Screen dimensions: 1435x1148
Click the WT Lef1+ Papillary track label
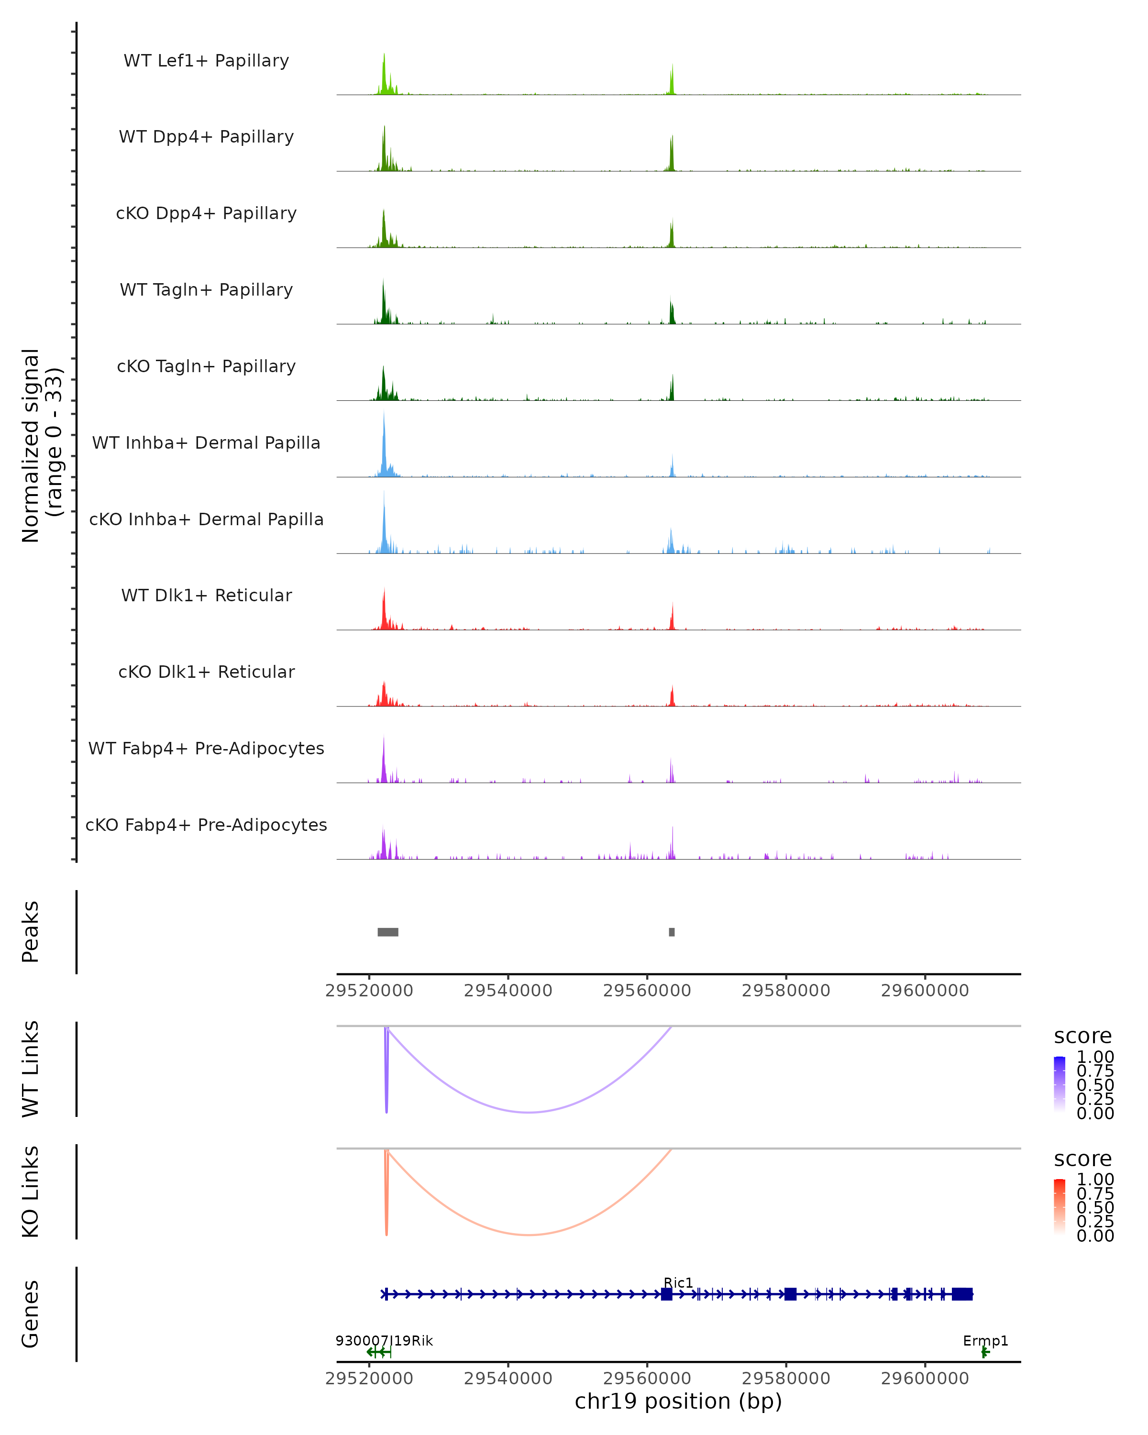206,61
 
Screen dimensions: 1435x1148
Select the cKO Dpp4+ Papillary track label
206,213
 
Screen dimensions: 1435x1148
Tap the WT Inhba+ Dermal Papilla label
206,442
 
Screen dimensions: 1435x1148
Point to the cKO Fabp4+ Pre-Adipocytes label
206,825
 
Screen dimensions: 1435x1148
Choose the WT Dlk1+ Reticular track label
206,595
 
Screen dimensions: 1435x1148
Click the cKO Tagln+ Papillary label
206,366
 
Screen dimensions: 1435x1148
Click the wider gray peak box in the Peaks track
388,932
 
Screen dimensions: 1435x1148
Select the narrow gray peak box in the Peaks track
672,932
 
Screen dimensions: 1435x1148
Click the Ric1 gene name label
678,1282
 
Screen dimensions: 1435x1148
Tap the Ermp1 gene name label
985,1340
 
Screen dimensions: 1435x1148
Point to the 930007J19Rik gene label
384,1340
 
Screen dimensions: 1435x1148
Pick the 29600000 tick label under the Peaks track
925,991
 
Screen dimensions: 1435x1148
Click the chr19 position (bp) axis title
678,1402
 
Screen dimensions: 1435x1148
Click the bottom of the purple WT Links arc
529,1112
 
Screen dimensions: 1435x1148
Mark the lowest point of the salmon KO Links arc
529,1235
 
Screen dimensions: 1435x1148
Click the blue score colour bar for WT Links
1060,1084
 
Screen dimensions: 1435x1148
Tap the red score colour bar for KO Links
1060,1207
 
